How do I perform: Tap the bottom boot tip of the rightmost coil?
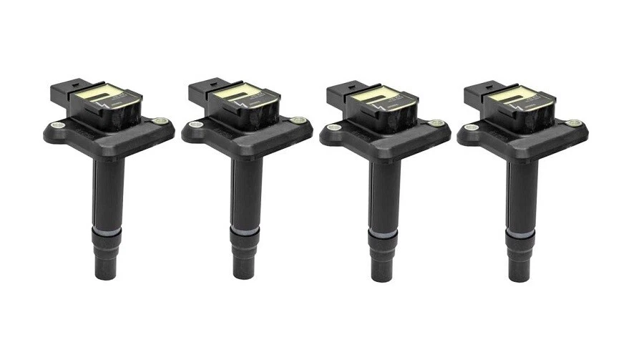point(521,273)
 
